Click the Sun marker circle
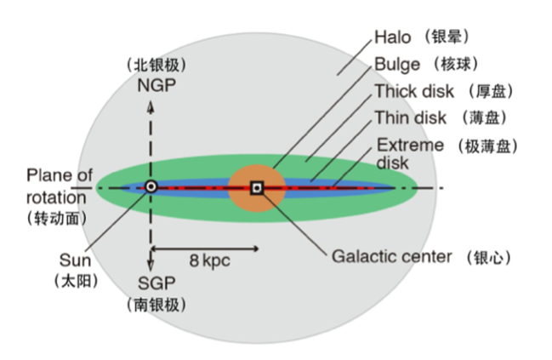[x=151, y=186]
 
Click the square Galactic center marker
[x=257, y=187]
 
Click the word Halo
[x=393, y=37]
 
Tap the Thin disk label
[x=411, y=117]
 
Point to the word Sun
[x=72, y=260]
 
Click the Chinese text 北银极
[x=156, y=65]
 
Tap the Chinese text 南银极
[x=156, y=304]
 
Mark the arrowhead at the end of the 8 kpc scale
[x=255, y=250]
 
